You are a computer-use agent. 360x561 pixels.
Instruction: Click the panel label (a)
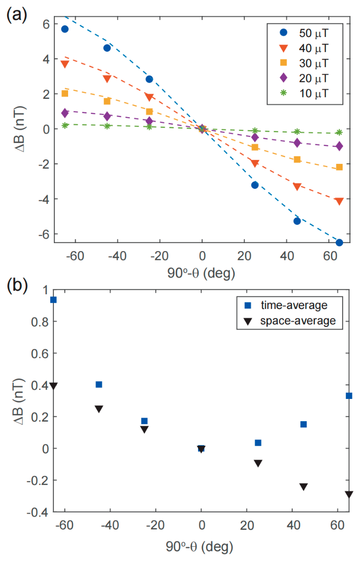pyautogui.click(x=17, y=15)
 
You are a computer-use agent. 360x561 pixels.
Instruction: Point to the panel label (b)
pyautogui.click(x=17, y=285)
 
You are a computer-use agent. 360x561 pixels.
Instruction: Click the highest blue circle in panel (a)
pyautogui.click(x=65, y=29)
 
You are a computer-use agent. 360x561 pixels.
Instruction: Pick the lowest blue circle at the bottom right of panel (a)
pyautogui.click(x=339, y=242)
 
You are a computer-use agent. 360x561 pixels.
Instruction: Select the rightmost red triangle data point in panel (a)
pyautogui.click(x=339, y=201)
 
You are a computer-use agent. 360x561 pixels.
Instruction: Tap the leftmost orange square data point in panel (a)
pyautogui.click(x=65, y=93)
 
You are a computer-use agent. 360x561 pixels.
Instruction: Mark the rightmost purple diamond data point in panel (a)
pyautogui.click(x=339, y=146)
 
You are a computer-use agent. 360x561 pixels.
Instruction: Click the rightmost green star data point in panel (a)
pyautogui.click(x=339, y=132)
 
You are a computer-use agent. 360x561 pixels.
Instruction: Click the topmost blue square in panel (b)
pyautogui.click(x=53, y=300)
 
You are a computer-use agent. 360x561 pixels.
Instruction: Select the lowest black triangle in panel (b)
pyautogui.click(x=349, y=494)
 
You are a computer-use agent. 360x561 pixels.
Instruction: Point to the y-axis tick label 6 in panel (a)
pyautogui.click(x=46, y=24)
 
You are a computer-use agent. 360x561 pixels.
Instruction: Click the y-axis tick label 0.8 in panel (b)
pyautogui.click(x=40, y=321)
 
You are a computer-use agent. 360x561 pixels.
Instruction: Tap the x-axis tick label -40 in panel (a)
pyautogui.click(x=117, y=256)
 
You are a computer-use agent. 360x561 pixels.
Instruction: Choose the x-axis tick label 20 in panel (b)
pyautogui.click(x=247, y=525)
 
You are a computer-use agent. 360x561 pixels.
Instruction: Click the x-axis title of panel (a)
pyautogui.click(x=201, y=273)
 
